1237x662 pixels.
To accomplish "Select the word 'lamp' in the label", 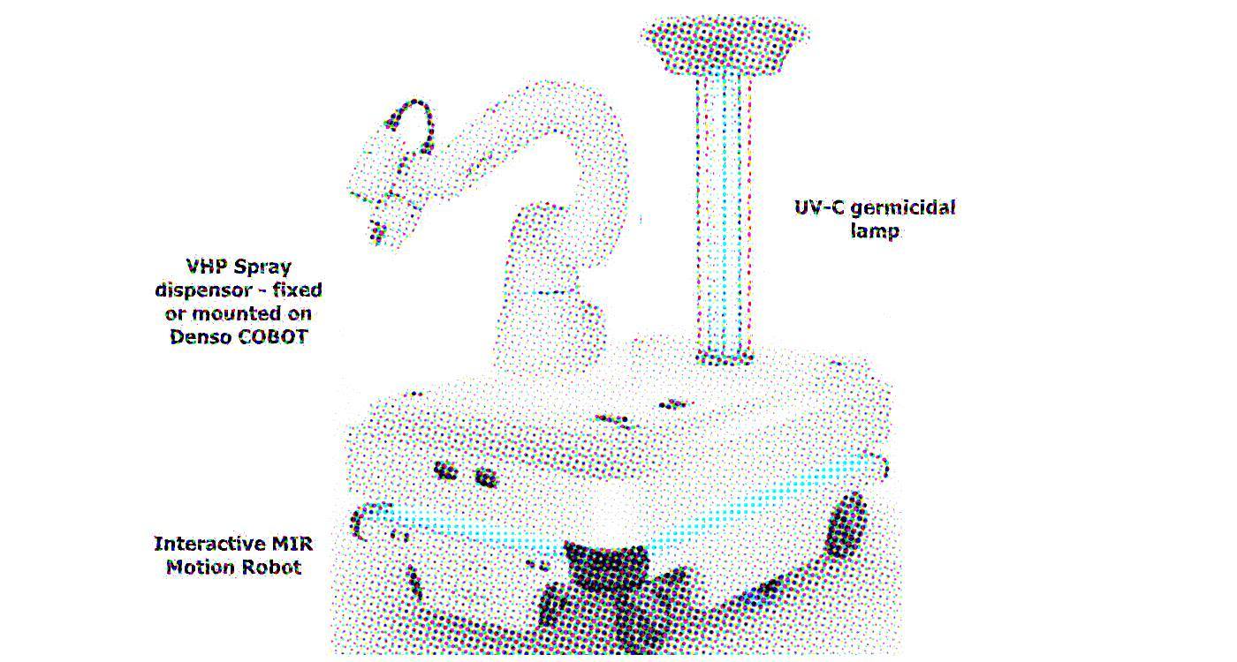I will click(x=875, y=231).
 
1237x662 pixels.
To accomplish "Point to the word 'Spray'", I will click(x=263, y=267).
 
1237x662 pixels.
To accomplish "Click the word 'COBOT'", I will click(x=273, y=336).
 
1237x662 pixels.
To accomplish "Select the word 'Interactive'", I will click(x=209, y=544).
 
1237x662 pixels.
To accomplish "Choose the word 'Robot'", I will click(x=272, y=567).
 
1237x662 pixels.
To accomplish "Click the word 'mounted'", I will click(x=232, y=313).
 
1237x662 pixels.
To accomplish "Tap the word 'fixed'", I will click(x=297, y=290).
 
